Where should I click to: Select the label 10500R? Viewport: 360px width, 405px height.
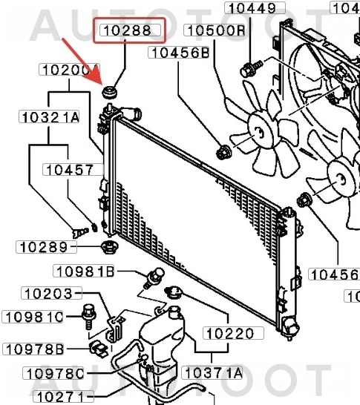coord(215,30)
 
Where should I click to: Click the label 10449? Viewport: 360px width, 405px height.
coord(255,9)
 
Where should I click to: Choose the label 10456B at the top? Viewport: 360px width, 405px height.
coord(179,52)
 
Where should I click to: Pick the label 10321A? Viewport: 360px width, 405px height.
coord(50,116)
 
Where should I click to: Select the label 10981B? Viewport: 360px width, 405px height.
coord(84,271)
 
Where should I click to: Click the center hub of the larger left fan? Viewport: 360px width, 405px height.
coord(259,132)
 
